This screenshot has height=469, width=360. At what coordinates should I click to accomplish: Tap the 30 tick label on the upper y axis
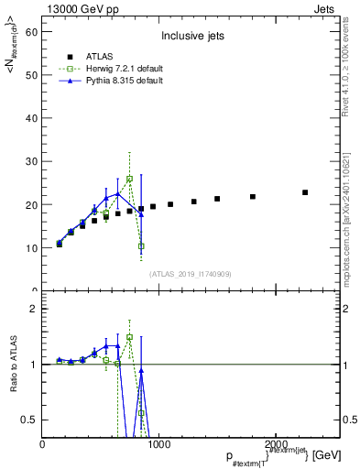pyautogui.click(x=33, y=161)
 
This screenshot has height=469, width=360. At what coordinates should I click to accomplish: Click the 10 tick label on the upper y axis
pyautogui.click(x=33, y=247)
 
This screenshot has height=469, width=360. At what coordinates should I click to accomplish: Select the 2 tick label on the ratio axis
pyautogui.click(x=36, y=309)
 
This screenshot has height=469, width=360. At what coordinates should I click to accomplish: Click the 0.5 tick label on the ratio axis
pyautogui.click(x=31, y=420)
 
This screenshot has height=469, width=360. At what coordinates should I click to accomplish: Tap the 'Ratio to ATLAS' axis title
pyautogui.click(x=13, y=364)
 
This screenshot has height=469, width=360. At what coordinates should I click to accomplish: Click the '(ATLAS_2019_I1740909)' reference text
pyautogui.click(x=191, y=273)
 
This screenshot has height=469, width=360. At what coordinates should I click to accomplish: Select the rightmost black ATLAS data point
pyautogui.click(x=305, y=192)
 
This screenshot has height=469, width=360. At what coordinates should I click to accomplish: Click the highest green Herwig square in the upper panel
pyautogui.click(x=130, y=179)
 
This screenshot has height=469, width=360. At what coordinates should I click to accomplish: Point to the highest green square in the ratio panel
pyautogui.click(x=130, y=337)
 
